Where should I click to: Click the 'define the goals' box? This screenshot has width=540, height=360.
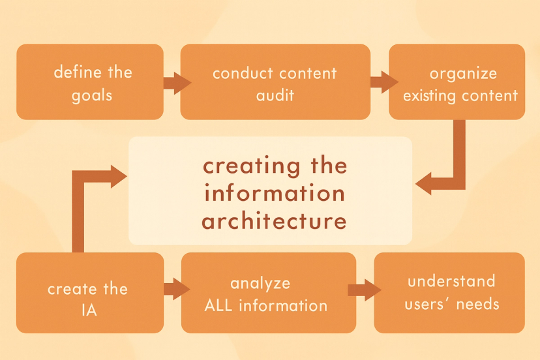point(90,82)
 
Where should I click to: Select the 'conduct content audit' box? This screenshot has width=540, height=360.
point(275,82)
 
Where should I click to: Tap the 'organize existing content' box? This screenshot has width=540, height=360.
point(457,82)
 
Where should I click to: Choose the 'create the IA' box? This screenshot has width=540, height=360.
point(90,293)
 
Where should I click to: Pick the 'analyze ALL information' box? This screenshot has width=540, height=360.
point(268,293)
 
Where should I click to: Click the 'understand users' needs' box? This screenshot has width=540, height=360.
point(449,293)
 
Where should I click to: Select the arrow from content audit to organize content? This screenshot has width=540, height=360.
point(383,82)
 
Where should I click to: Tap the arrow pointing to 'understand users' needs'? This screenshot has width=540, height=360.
point(364,290)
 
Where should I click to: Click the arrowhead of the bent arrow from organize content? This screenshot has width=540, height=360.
point(425,183)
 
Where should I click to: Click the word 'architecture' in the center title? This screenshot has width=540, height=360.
point(274,221)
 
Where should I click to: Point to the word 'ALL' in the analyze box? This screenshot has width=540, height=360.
point(220,305)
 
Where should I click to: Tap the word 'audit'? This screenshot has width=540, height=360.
point(275,95)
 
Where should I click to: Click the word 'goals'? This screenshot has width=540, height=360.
point(93,95)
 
